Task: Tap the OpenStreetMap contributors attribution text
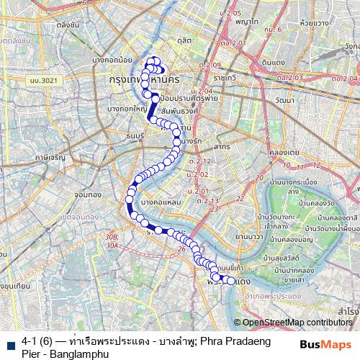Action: [296, 323]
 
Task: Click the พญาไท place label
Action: [246, 22]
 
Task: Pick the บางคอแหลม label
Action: [161, 204]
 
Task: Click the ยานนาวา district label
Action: [251, 235]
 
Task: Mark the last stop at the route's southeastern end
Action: [230, 281]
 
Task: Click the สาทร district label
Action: [221, 146]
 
